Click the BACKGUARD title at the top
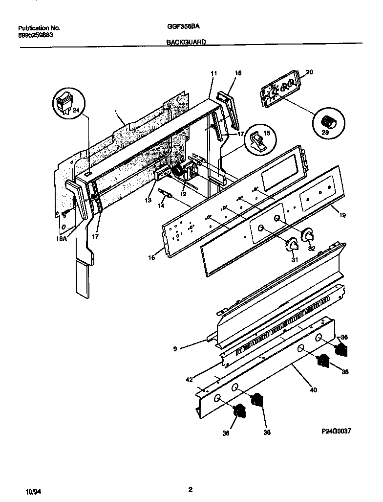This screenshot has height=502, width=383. point(186,43)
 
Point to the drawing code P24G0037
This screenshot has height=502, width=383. point(336,431)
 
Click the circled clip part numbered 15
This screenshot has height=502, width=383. point(257,139)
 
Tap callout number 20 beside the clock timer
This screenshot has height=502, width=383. point(309,73)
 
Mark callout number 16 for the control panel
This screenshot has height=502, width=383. point(152,256)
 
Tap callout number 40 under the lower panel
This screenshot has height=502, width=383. point(313,390)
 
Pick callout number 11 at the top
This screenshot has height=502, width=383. point(213,73)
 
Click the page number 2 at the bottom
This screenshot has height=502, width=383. point(191,489)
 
